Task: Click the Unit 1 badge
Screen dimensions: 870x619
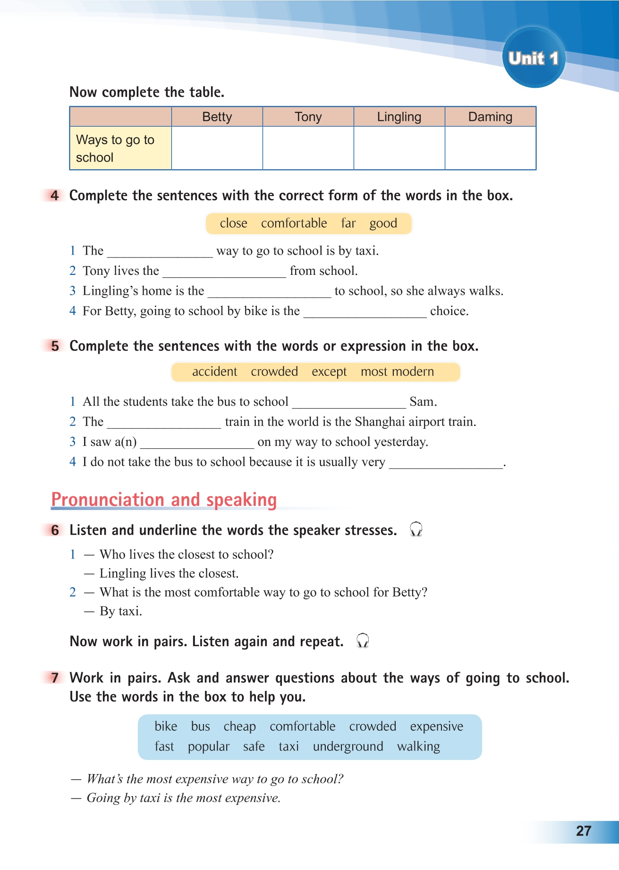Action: tap(534, 58)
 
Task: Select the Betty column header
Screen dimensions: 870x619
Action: tap(217, 117)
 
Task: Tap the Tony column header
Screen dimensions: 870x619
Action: tap(308, 117)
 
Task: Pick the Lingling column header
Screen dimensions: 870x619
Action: tap(399, 117)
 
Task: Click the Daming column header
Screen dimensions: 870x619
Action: tap(490, 117)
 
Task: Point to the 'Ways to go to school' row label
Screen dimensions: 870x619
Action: tap(115, 148)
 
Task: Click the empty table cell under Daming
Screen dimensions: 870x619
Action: tap(490, 148)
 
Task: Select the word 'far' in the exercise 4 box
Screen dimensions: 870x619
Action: tap(348, 223)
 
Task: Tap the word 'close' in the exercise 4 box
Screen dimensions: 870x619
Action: tap(233, 223)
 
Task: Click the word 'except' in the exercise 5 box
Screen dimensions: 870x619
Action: tap(329, 372)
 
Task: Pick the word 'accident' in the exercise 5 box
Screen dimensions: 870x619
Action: tap(214, 372)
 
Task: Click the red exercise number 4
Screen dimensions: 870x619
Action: tap(55, 196)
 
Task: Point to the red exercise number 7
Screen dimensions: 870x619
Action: tap(55, 678)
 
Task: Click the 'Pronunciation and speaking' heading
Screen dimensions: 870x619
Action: tap(164, 500)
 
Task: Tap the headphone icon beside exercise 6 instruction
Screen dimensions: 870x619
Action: tap(416, 529)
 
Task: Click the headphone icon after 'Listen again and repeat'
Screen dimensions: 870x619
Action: tap(363, 641)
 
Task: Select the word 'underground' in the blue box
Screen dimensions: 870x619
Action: tap(348, 747)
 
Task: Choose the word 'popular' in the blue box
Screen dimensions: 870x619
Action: tap(208, 747)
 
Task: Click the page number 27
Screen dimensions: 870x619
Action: tap(584, 831)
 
